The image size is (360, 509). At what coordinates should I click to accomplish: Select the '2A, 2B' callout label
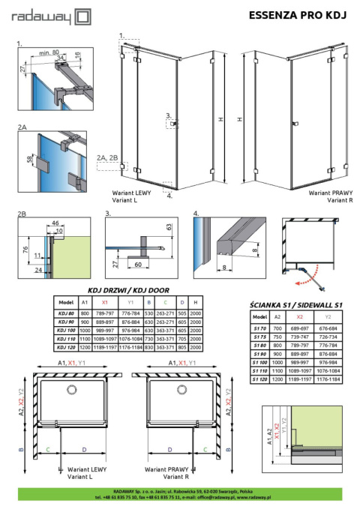click(x=108, y=157)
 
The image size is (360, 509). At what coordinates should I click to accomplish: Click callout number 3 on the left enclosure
click(x=169, y=115)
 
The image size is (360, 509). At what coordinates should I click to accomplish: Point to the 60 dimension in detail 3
click(x=140, y=265)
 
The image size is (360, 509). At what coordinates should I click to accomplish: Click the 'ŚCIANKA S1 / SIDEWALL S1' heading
click(x=295, y=305)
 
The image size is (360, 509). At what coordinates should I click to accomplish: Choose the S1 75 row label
click(x=258, y=337)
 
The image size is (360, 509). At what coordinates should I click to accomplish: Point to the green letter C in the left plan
click(x=48, y=450)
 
